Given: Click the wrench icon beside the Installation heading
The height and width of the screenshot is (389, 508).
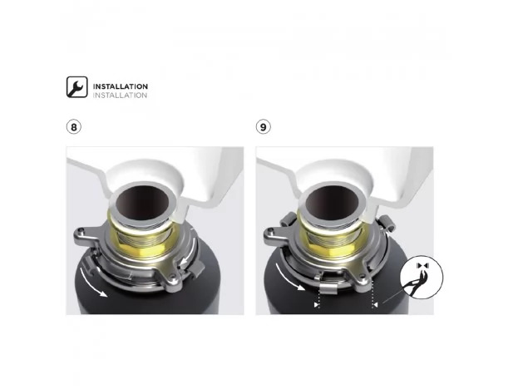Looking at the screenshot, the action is pos(76,86).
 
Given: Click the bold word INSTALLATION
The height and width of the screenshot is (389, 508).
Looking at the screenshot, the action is pos(121,86).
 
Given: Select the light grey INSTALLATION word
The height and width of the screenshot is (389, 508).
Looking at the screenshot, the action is pos(120,96).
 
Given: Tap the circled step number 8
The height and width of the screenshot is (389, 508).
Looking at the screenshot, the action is pos(74,127).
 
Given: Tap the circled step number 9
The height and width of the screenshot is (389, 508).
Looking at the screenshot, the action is pos(263,127).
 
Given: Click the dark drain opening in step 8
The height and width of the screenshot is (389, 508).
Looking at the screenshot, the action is pos(142,203).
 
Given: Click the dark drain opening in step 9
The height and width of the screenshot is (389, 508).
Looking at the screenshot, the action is pos(332,203).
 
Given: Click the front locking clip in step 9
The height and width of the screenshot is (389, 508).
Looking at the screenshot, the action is pos(328,285).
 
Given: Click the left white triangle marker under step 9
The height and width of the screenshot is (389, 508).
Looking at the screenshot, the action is pos(316,305).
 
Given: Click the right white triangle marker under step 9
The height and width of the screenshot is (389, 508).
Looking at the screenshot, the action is pos(376,305).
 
